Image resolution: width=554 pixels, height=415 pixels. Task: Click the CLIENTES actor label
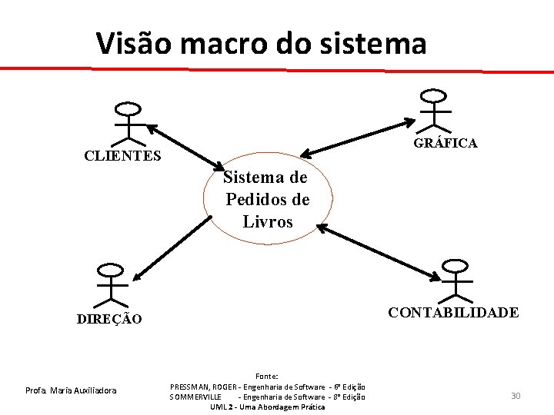click(122, 156)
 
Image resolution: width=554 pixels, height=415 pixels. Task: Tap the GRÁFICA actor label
click(446, 143)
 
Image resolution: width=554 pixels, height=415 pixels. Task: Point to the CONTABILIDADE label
click(453, 312)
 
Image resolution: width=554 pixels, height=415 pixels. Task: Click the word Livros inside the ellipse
click(268, 222)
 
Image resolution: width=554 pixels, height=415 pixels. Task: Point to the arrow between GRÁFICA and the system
click(358, 138)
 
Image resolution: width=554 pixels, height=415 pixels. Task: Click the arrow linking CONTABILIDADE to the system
click(377, 251)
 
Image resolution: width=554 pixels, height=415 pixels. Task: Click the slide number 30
click(516, 396)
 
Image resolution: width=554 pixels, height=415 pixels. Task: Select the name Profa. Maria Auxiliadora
click(70, 391)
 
